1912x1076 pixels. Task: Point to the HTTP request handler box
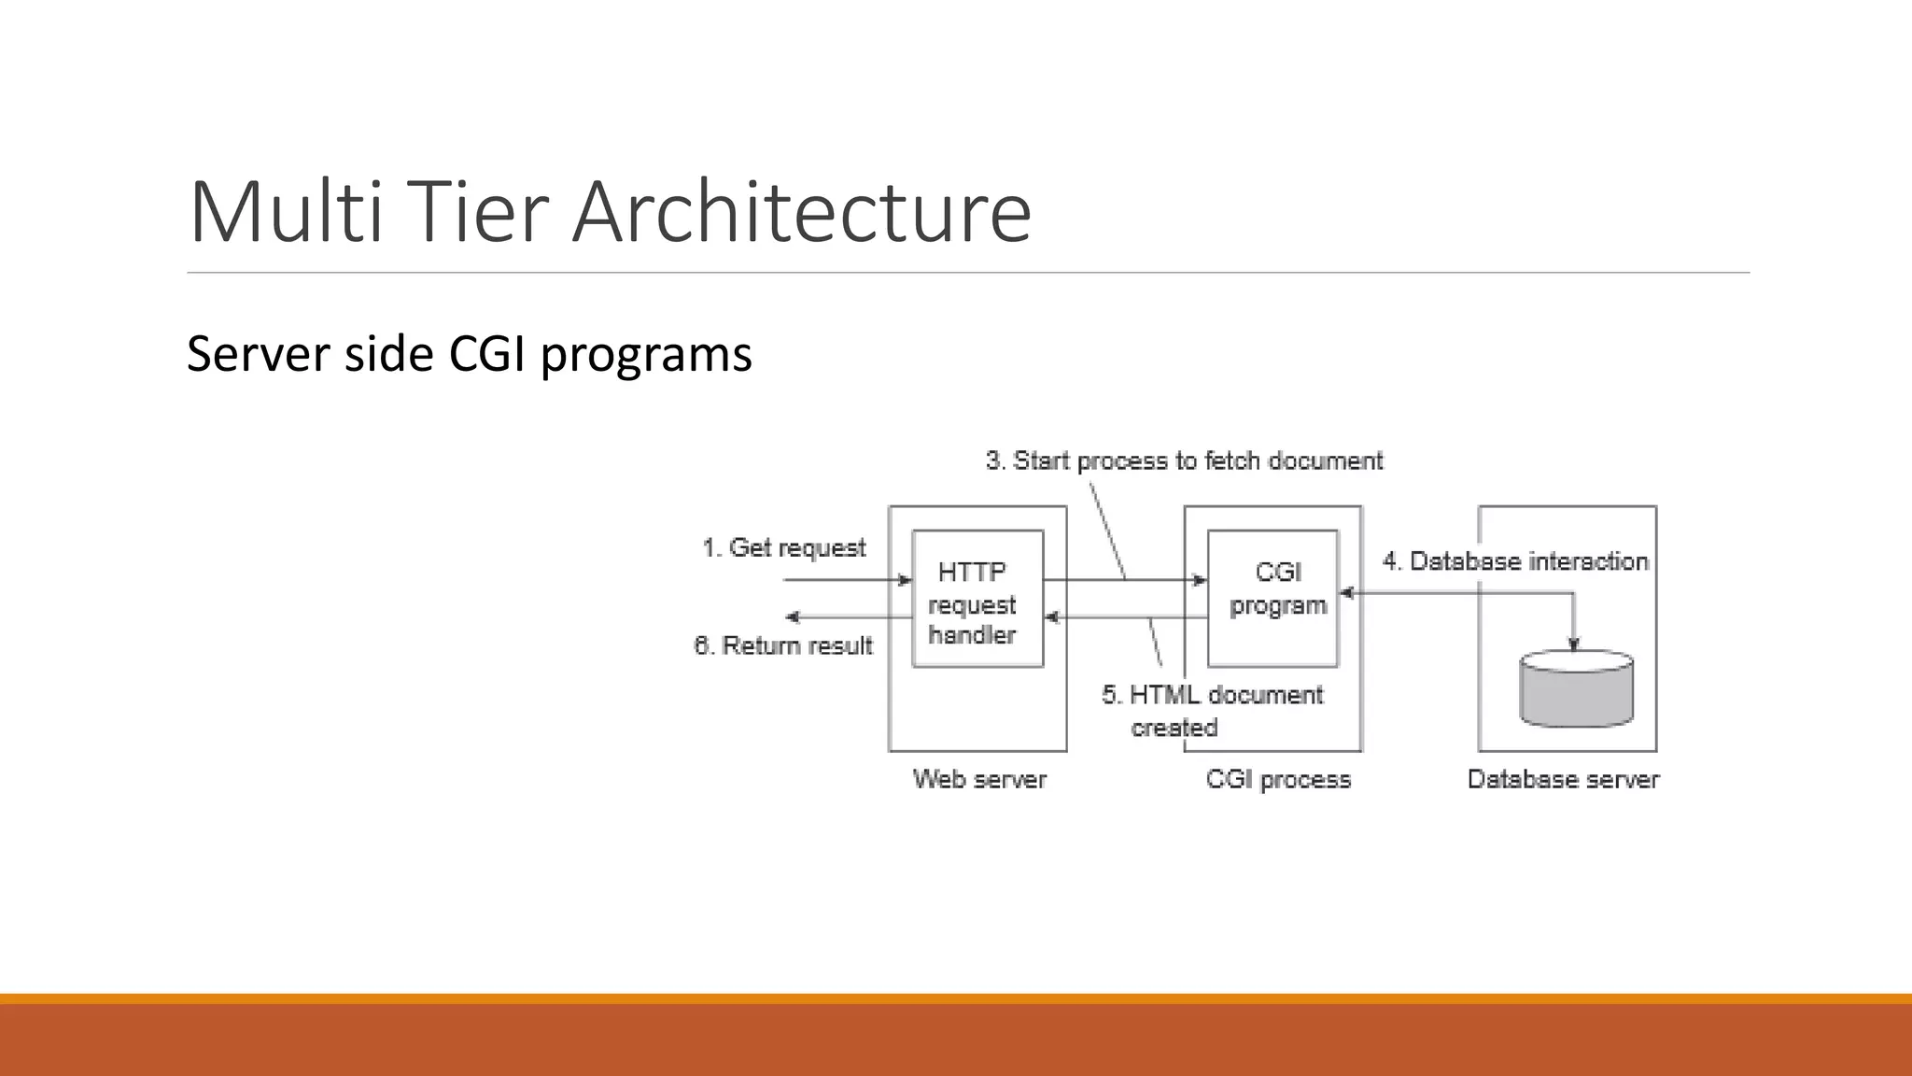point(977,599)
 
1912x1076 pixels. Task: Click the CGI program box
point(1272,599)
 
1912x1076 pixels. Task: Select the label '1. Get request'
point(783,547)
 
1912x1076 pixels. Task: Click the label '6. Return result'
point(783,645)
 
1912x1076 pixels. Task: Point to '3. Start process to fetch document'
point(1184,460)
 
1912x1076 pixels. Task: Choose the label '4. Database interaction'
point(1515,561)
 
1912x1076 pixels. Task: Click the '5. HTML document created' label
point(1212,711)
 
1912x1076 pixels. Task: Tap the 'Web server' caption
point(979,779)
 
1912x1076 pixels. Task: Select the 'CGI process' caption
point(1278,779)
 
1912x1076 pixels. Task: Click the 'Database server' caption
point(1563,779)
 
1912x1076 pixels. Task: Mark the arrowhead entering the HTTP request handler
point(905,580)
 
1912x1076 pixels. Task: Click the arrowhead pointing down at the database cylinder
point(1574,644)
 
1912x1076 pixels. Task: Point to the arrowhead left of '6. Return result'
point(793,617)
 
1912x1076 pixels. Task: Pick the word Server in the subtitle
point(258,354)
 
